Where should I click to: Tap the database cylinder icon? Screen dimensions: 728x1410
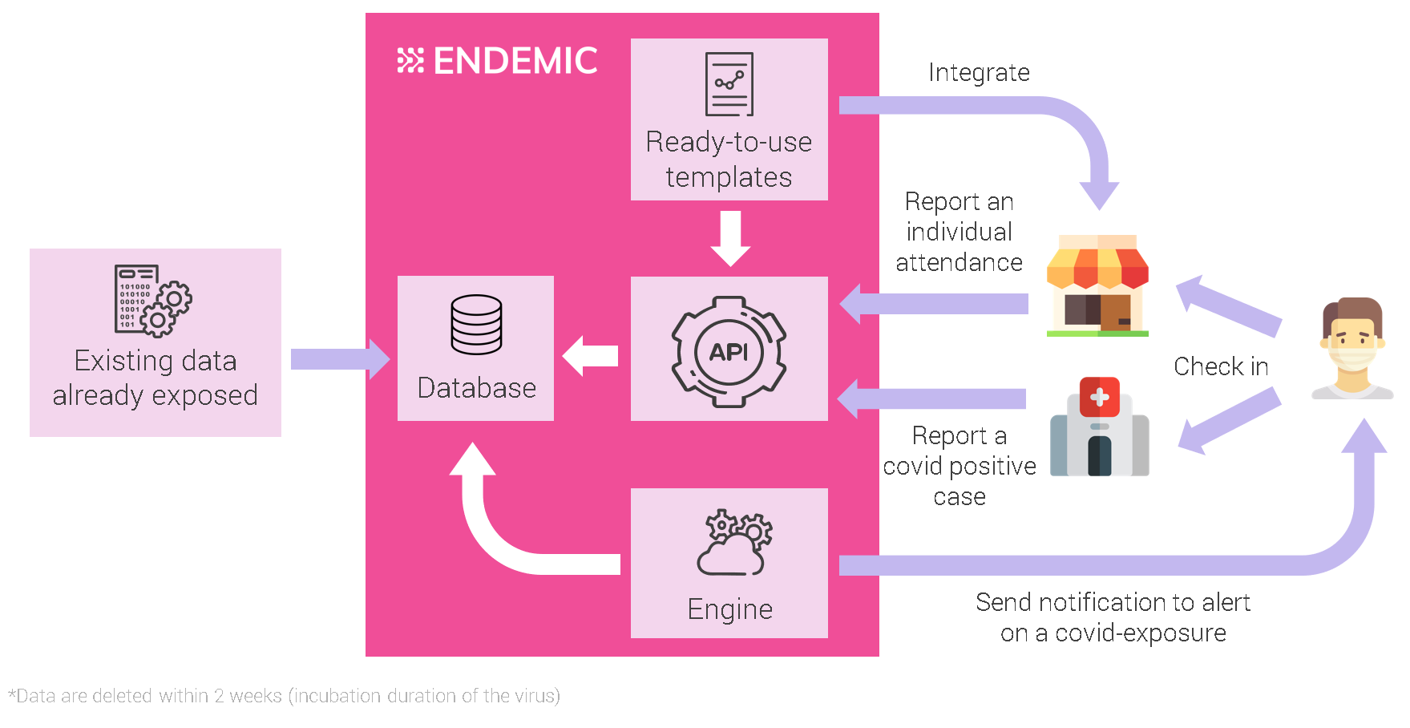[x=476, y=325]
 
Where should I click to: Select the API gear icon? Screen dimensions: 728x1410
[x=729, y=352]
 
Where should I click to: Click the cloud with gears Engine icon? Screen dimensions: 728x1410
[x=733, y=543]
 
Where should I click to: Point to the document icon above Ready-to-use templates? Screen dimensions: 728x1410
[x=729, y=84]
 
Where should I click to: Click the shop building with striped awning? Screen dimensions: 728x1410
[x=1097, y=285]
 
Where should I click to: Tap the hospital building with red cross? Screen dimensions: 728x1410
[x=1099, y=427]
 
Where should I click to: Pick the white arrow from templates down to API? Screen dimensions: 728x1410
[x=730, y=238]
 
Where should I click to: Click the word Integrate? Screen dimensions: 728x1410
[x=979, y=73]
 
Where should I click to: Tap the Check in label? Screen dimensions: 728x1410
[x=1220, y=366]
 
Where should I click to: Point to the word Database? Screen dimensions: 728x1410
[x=476, y=388]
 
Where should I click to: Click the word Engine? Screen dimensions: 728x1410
[x=729, y=609]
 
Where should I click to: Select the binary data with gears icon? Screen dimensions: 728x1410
[x=152, y=300]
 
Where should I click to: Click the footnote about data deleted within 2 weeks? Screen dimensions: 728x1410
[x=284, y=696]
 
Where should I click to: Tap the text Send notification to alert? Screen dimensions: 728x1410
[x=1112, y=602]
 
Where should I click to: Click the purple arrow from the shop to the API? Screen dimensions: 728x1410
[x=934, y=304]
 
